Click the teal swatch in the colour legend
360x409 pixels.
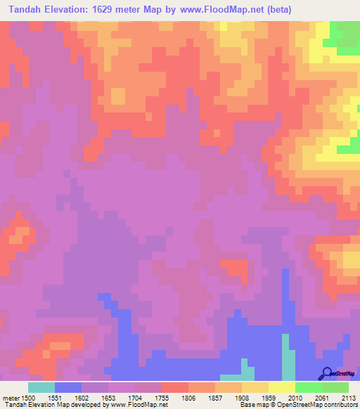41,387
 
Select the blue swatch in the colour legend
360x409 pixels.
68,387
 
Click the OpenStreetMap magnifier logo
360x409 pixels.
326,373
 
